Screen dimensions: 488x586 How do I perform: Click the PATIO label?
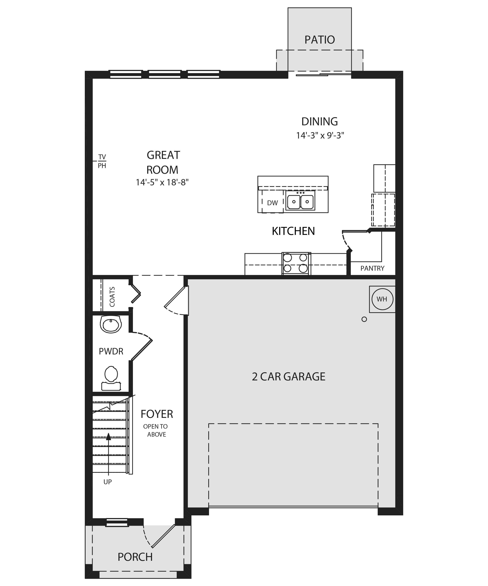coord(320,40)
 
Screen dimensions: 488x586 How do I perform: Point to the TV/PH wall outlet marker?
coord(102,161)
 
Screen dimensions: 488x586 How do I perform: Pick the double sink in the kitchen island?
coord(300,201)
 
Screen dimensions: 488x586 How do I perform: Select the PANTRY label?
coord(372,268)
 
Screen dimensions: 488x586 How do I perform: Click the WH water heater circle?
coord(382,299)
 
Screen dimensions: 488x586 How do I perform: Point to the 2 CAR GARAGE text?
coord(289,377)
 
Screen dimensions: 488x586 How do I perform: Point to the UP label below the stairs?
coord(107,482)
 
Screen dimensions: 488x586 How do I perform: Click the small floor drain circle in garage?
coord(364,319)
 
